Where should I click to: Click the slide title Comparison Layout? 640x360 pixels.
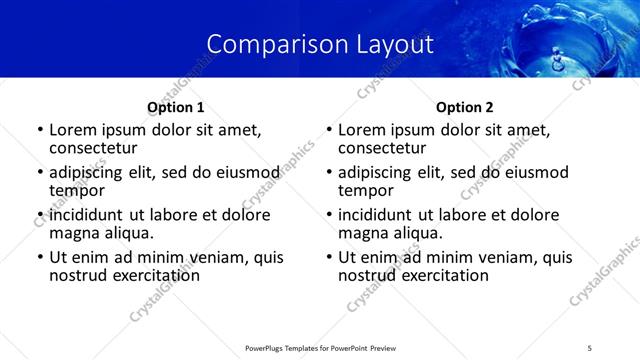(x=320, y=44)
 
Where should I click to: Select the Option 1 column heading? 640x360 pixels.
(x=176, y=107)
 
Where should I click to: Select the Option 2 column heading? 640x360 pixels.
(x=465, y=107)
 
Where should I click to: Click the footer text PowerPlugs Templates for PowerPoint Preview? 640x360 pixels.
(x=320, y=348)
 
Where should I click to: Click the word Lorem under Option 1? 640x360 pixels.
(x=73, y=130)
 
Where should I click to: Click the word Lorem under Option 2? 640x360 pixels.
(x=362, y=130)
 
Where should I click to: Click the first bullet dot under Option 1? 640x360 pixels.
(x=40, y=131)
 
